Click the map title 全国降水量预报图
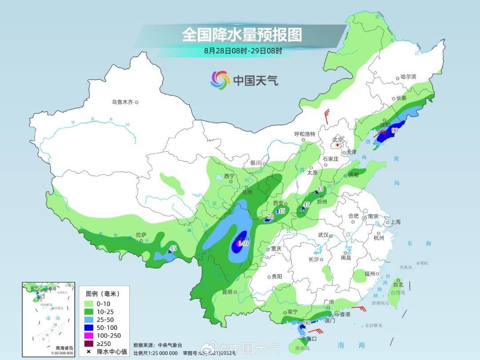pyautogui.click(x=242, y=34)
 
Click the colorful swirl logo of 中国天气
pyautogui.click(x=220, y=80)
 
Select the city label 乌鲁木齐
pyautogui.click(x=122, y=102)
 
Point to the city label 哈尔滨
pyautogui.click(x=408, y=77)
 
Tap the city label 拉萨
pyautogui.click(x=141, y=234)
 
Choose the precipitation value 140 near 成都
pyautogui.click(x=243, y=244)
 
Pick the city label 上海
pyautogui.click(x=395, y=222)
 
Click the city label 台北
pyautogui.click(x=398, y=284)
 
